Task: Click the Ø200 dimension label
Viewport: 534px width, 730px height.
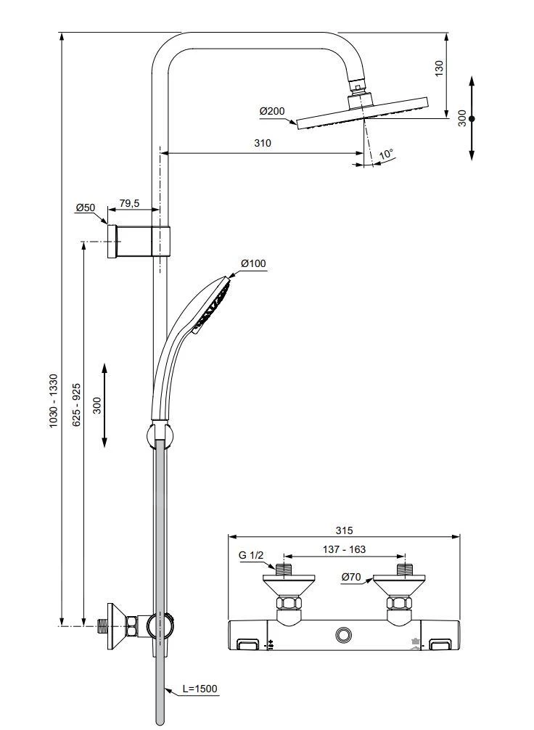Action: [x=272, y=111]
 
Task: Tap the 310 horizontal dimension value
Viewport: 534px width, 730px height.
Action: [x=262, y=143]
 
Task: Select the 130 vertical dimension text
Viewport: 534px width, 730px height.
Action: [x=438, y=68]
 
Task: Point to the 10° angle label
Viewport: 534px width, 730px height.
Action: [x=386, y=155]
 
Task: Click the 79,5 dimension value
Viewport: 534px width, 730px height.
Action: [x=129, y=204]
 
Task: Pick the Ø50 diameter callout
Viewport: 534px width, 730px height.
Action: [x=85, y=208]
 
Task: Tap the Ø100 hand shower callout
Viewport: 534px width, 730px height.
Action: [x=253, y=263]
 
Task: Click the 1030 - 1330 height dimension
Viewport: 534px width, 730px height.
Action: [x=53, y=401]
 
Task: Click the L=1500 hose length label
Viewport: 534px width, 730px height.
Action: [x=200, y=689]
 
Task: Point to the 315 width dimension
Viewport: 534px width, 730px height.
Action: [x=344, y=530]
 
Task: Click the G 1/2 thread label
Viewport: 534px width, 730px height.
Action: [x=251, y=556]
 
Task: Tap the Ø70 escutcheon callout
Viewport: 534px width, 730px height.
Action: [x=352, y=577]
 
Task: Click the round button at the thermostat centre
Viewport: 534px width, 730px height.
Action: [x=343, y=636]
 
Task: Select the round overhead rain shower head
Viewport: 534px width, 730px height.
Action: [x=363, y=113]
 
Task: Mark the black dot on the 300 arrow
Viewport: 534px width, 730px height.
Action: [x=472, y=118]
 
